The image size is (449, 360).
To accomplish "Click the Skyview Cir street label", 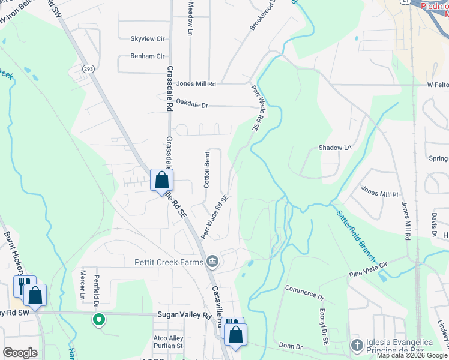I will pos(148,39).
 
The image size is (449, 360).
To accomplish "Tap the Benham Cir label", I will pos(148,56).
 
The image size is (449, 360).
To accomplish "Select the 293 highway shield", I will pos(89,69).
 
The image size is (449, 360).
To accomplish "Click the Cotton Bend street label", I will pos(207,170).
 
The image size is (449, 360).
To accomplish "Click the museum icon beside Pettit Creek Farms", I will pos(212,262).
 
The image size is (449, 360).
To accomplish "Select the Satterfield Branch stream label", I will pos(356,235).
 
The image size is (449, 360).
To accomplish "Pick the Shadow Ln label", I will pos(334,148).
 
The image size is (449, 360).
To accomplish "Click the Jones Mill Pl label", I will pos(379,192).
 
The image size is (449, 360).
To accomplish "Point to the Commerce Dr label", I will pos(304,293).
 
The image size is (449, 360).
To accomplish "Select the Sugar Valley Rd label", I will pos(185,315).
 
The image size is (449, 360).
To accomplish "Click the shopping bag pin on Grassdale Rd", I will pos(161,180).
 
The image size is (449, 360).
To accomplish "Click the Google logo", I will pos(20,353).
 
